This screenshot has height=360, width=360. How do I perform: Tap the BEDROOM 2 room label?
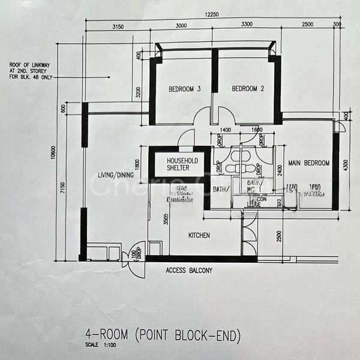(248, 89)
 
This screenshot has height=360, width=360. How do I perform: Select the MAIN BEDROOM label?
(308, 163)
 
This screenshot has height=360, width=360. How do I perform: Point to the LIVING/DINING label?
(115, 175)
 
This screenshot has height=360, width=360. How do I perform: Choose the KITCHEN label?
(199, 235)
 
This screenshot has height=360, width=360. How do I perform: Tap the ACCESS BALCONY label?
(188, 271)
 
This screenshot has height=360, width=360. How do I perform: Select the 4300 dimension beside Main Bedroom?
(346, 164)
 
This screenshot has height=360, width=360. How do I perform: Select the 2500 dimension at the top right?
(307, 26)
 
